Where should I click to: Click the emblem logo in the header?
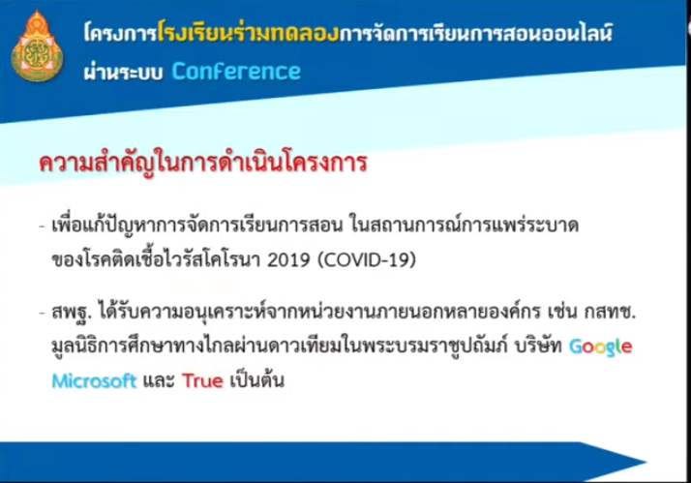[x=37, y=46]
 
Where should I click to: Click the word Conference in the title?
[x=236, y=72]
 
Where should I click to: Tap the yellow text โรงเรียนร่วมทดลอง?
[x=248, y=32]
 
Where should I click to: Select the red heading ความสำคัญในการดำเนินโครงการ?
[x=202, y=163]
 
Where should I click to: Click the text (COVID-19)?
[x=367, y=260]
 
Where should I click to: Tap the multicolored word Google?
[x=601, y=347]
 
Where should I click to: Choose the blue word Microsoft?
[x=94, y=380]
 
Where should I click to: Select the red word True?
[x=202, y=380]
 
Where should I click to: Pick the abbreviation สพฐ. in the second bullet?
[x=72, y=313]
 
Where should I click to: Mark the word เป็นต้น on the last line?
[x=256, y=379]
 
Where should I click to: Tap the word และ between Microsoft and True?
[x=159, y=380]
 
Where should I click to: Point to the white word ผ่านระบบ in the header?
[x=124, y=73]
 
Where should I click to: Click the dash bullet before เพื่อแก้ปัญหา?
[x=43, y=226]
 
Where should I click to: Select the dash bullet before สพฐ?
[x=43, y=314]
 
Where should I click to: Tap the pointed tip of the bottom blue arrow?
[x=646, y=462]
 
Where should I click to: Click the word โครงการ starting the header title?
[x=120, y=33]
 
